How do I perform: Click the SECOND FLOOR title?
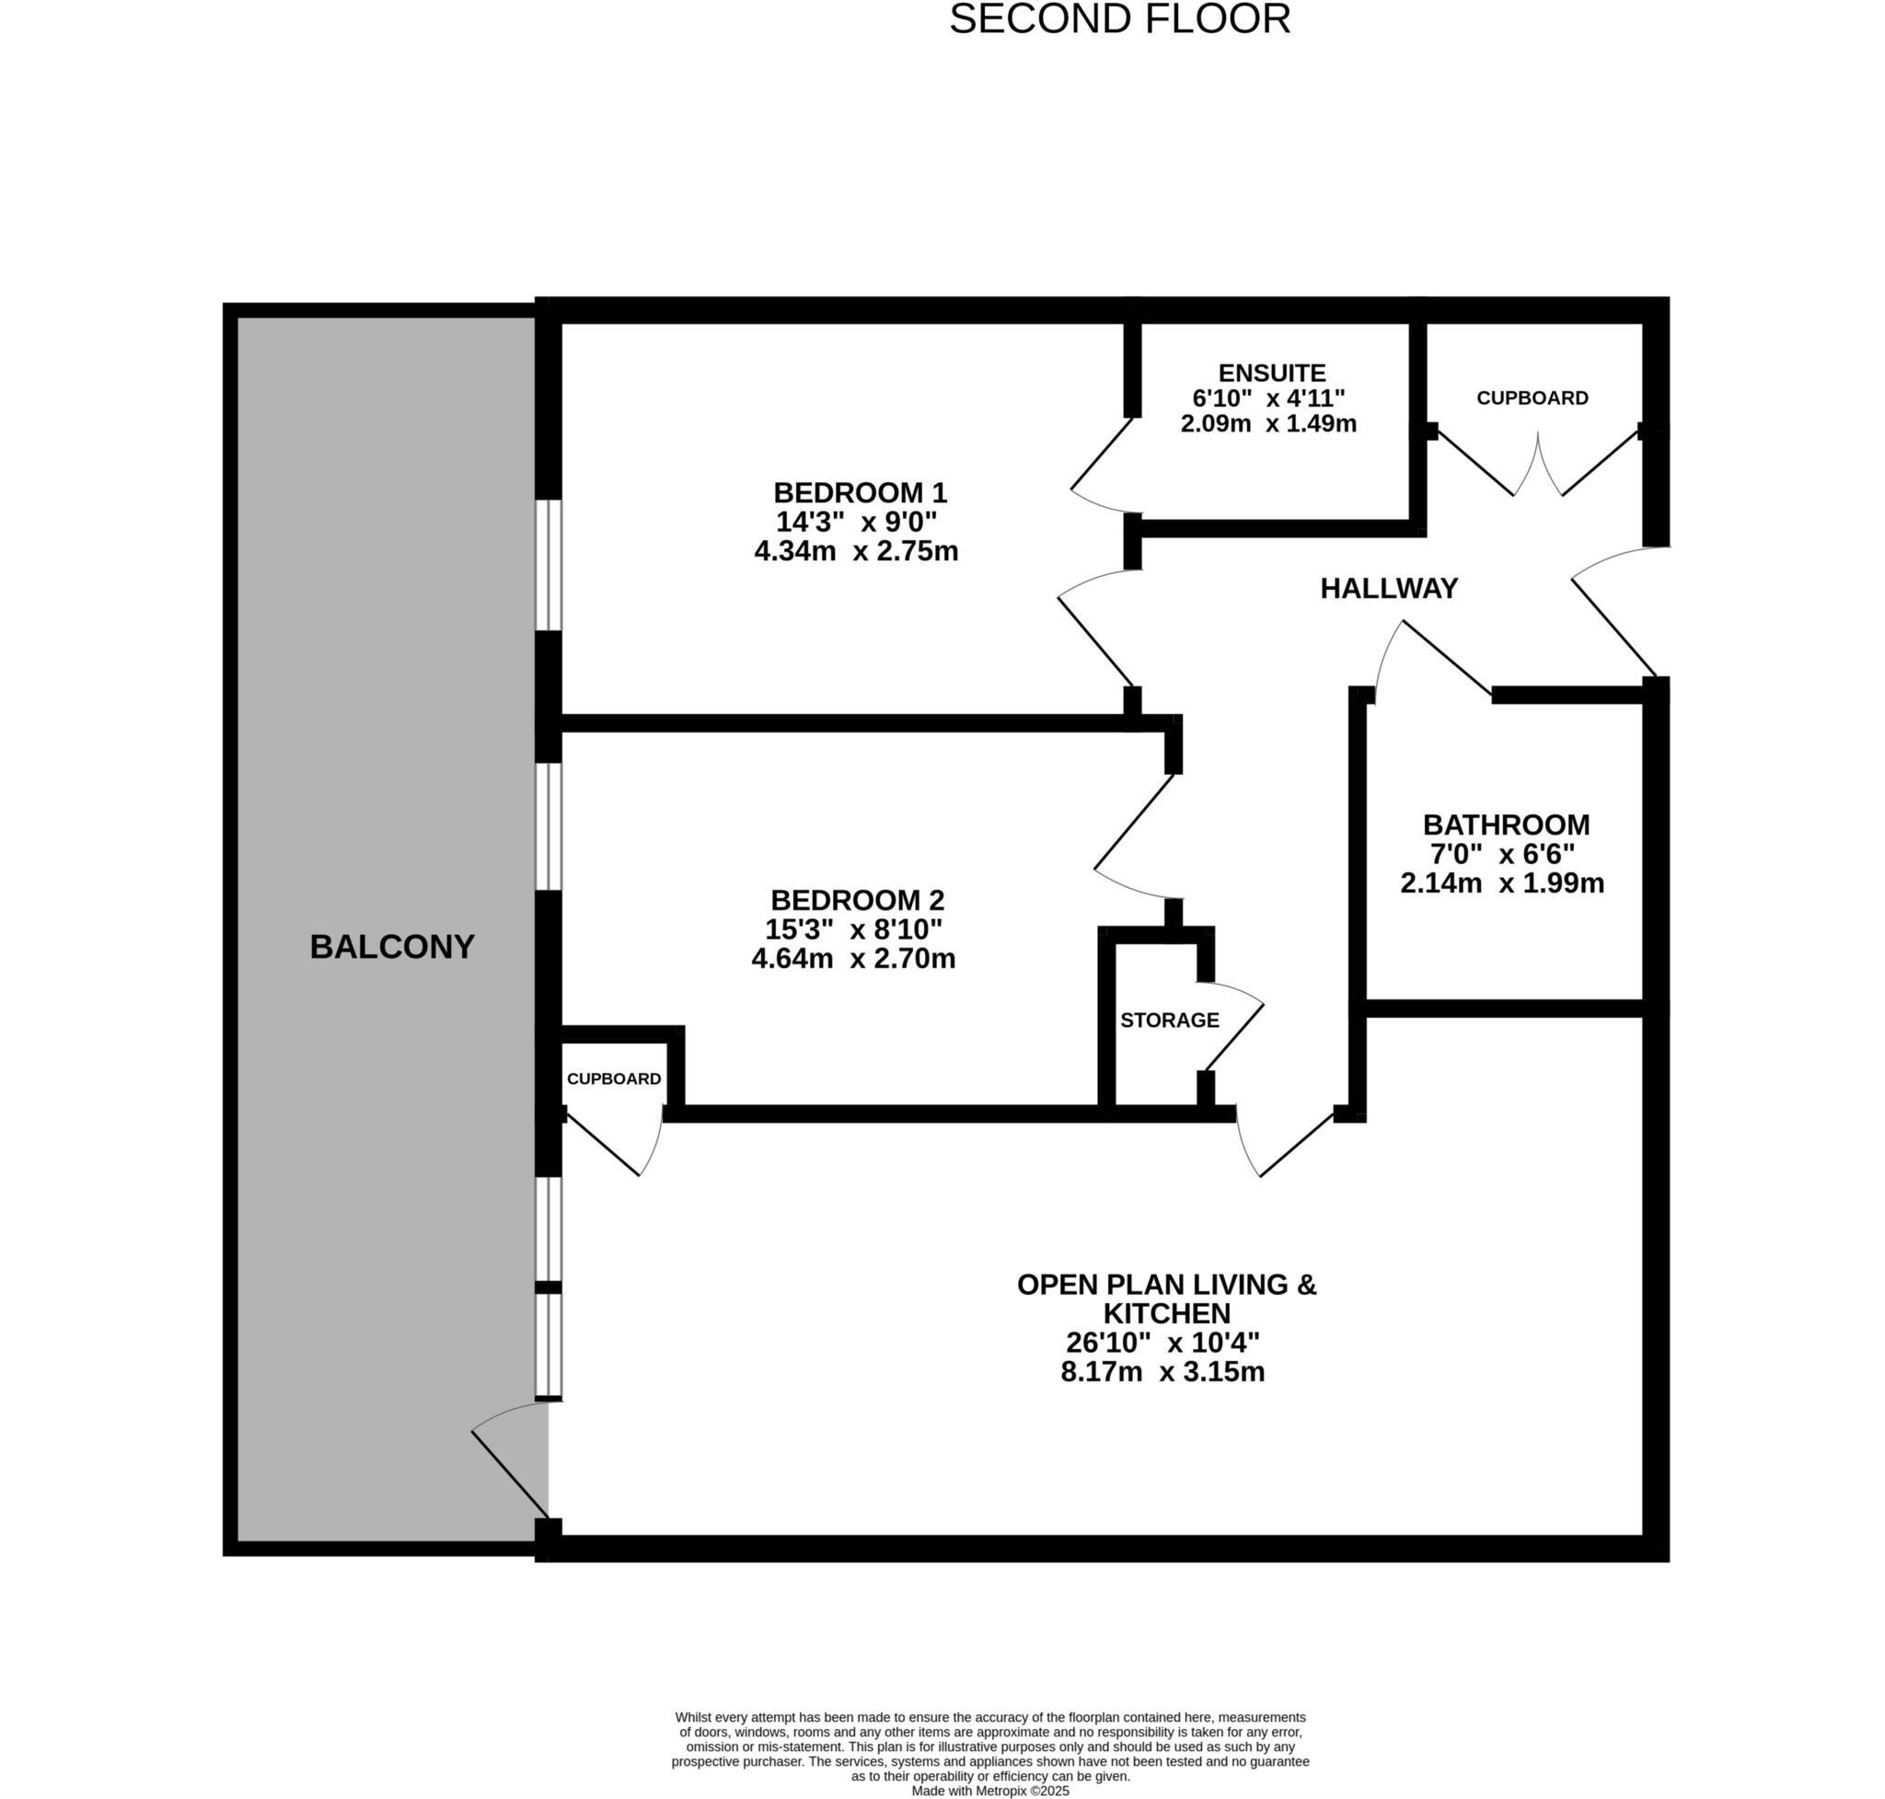(1118, 20)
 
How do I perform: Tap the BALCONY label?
(391, 947)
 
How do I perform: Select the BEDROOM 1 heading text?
(860, 493)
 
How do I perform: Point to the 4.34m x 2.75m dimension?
(856, 551)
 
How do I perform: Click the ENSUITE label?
(1271, 373)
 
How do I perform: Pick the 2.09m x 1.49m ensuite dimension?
(1267, 424)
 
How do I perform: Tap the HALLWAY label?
(1388, 589)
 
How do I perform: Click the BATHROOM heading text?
(1505, 825)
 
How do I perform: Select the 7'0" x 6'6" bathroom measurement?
(1501, 853)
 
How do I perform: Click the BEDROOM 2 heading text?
(857, 901)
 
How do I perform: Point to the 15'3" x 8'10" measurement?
(853, 929)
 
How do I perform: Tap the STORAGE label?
(1168, 1021)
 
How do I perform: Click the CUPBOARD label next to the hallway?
(1531, 398)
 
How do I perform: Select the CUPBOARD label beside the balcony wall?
(613, 1078)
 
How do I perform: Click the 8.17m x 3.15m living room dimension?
(1162, 1371)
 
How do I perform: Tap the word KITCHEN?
(1165, 1313)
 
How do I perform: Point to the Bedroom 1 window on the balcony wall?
(548, 565)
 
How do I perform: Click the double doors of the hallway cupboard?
(1537, 465)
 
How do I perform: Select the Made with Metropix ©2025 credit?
(989, 1791)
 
